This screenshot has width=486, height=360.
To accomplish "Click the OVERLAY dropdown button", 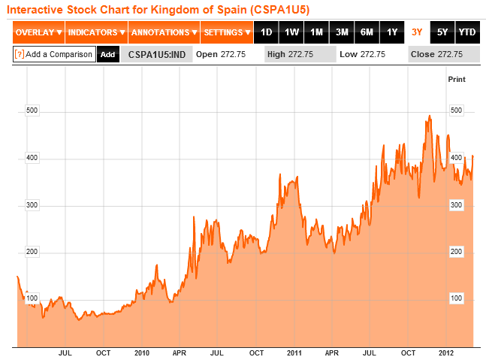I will [38, 32].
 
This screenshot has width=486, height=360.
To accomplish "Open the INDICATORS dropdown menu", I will [97, 32].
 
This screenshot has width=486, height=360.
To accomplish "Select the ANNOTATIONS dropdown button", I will [164, 32].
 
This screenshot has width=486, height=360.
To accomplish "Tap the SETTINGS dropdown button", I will [227, 32].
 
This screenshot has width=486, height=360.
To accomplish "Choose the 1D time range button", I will [267, 32].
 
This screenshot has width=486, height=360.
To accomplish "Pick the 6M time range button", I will [367, 32].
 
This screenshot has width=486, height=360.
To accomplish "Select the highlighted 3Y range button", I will [417, 32].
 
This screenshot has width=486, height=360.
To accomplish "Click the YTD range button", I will [466, 32].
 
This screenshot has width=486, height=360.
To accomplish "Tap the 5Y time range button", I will [442, 32].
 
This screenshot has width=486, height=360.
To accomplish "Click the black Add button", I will [107, 54].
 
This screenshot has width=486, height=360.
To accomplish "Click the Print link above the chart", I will [456, 79].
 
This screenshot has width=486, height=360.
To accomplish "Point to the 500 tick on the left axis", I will [32, 110].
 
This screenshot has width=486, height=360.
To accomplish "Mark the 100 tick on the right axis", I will [455, 299].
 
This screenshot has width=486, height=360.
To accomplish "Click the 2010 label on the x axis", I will [142, 352].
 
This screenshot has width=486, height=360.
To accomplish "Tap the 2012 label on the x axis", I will [445, 352].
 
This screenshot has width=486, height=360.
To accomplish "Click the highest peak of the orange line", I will [429, 116].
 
